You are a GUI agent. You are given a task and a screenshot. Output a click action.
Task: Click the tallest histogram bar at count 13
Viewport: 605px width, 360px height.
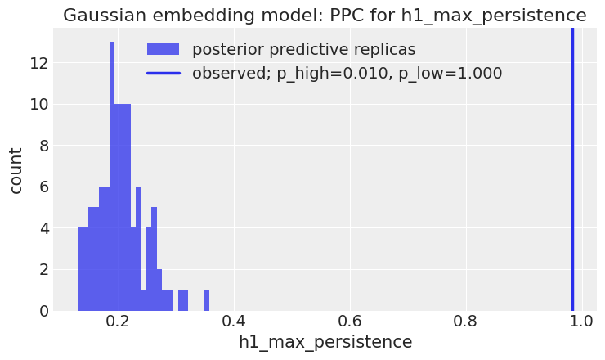(x=112, y=176)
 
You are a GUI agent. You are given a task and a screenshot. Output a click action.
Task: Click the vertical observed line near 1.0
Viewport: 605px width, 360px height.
(x=572, y=169)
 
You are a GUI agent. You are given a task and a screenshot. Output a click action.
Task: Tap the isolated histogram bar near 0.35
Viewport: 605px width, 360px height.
(x=207, y=300)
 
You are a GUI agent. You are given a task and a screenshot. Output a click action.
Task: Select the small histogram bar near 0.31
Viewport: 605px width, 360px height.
(x=183, y=300)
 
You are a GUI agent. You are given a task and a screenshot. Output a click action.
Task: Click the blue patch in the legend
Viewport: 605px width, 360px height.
(x=163, y=49)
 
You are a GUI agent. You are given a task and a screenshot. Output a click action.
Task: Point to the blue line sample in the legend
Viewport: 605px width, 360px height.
(x=164, y=73)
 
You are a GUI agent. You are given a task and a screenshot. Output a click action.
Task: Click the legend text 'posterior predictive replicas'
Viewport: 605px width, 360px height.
(x=304, y=49)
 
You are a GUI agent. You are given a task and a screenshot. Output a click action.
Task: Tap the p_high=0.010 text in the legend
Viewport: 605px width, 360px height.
(x=333, y=73)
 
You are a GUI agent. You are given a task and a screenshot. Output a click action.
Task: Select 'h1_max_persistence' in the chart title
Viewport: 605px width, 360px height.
(x=494, y=16)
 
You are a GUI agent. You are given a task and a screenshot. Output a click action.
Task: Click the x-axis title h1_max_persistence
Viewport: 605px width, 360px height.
(x=325, y=342)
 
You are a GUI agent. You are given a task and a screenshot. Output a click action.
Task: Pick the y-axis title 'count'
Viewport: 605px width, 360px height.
(x=16, y=170)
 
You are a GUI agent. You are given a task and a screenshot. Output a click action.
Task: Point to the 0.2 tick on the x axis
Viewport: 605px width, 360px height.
(x=118, y=321)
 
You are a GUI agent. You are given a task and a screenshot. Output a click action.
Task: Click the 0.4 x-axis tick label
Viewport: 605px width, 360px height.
(x=234, y=321)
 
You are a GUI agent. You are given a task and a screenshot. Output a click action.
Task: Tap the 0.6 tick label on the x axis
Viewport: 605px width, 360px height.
(x=350, y=321)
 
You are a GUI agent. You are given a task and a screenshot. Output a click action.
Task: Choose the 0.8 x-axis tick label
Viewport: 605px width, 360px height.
(x=466, y=321)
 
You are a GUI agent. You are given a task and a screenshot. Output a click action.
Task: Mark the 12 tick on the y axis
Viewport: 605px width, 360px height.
(x=39, y=62)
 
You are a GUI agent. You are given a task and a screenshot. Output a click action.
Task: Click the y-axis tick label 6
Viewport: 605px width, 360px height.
(x=44, y=187)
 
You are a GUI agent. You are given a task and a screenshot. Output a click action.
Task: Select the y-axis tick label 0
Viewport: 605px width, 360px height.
(x=44, y=311)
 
